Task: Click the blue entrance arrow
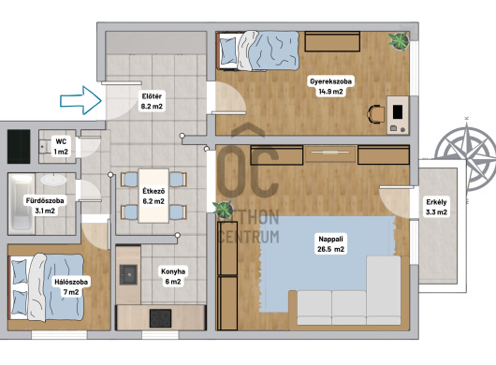click(81, 100)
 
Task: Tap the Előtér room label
click(152, 101)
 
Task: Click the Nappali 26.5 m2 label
click(330, 244)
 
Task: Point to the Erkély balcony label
click(436, 207)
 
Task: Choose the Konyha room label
click(173, 276)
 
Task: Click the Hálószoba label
click(71, 286)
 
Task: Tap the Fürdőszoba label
click(45, 206)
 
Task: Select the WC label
click(61, 147)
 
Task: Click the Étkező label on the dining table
click(153, 197)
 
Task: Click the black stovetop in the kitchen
click(160, 318)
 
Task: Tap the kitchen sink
click(128, 274)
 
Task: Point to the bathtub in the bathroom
click(22, 203)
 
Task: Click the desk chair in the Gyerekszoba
click(376, 114)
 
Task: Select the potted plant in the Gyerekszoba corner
click(399, 41)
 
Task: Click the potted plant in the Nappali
click(224, 210)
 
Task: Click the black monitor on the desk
click(398, 111)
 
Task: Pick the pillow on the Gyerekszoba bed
click(227, 51)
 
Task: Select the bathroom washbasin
click(53, 180)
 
